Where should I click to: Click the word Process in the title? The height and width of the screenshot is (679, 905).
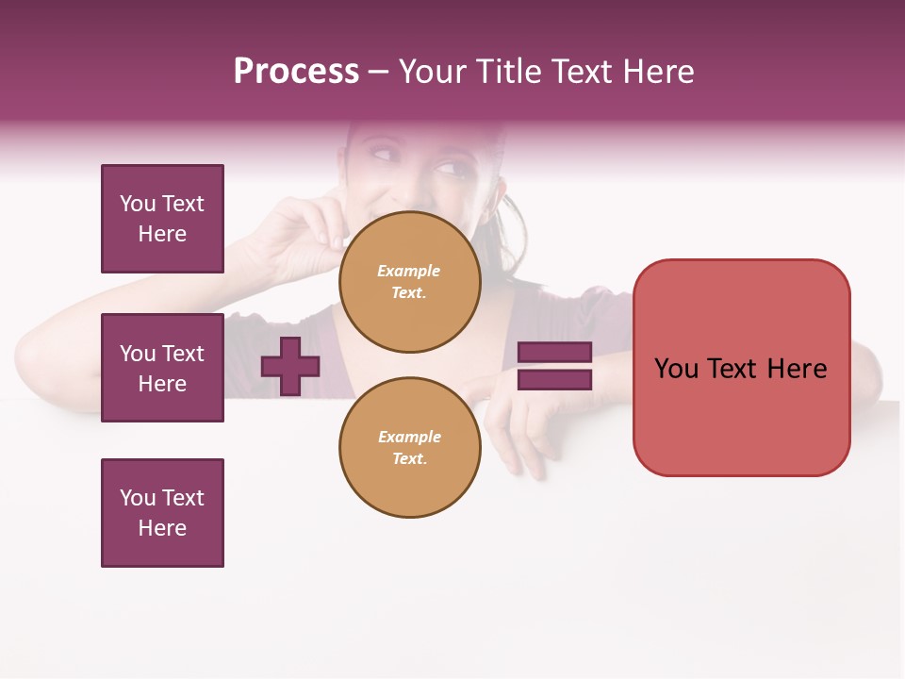click(296, 72)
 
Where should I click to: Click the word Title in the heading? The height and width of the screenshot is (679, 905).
click(507, 72)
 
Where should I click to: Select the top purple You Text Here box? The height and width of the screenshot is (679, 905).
click(162, 219)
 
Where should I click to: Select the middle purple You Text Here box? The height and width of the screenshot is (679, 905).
click(162, 368)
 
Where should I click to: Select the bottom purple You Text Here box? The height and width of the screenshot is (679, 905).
click(162, 513)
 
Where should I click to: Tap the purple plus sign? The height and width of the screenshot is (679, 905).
click(290, 366)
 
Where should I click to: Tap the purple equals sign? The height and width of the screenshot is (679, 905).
click(554, 366)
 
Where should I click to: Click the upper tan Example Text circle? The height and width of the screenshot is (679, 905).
click(409, 282)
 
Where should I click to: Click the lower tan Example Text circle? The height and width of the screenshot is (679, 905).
click(409, 448)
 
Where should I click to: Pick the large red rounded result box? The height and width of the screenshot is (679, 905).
click(741, 368)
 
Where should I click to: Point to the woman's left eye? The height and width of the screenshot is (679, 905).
click(453, 171)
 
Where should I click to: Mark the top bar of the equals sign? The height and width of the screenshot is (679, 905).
click(554, 352)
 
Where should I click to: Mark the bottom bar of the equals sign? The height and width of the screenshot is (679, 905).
click(554, 379)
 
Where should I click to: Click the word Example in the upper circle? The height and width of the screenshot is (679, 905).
click(409, 271)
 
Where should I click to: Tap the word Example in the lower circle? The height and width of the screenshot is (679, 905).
click(409, 437)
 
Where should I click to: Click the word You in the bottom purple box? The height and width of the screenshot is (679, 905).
click(137, 498)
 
